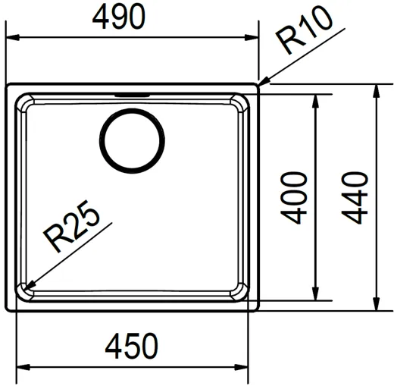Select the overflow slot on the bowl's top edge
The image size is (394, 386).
point(133,96)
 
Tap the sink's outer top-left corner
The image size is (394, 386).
point(8,86)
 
